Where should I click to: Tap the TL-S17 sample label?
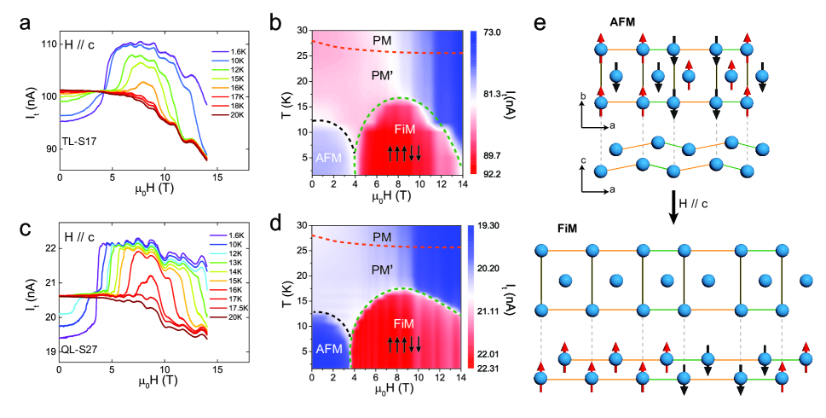coord(79,138)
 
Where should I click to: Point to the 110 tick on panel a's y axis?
coord(48,44)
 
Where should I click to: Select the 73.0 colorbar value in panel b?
coord(495,33)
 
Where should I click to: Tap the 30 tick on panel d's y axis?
coord(301,226)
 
